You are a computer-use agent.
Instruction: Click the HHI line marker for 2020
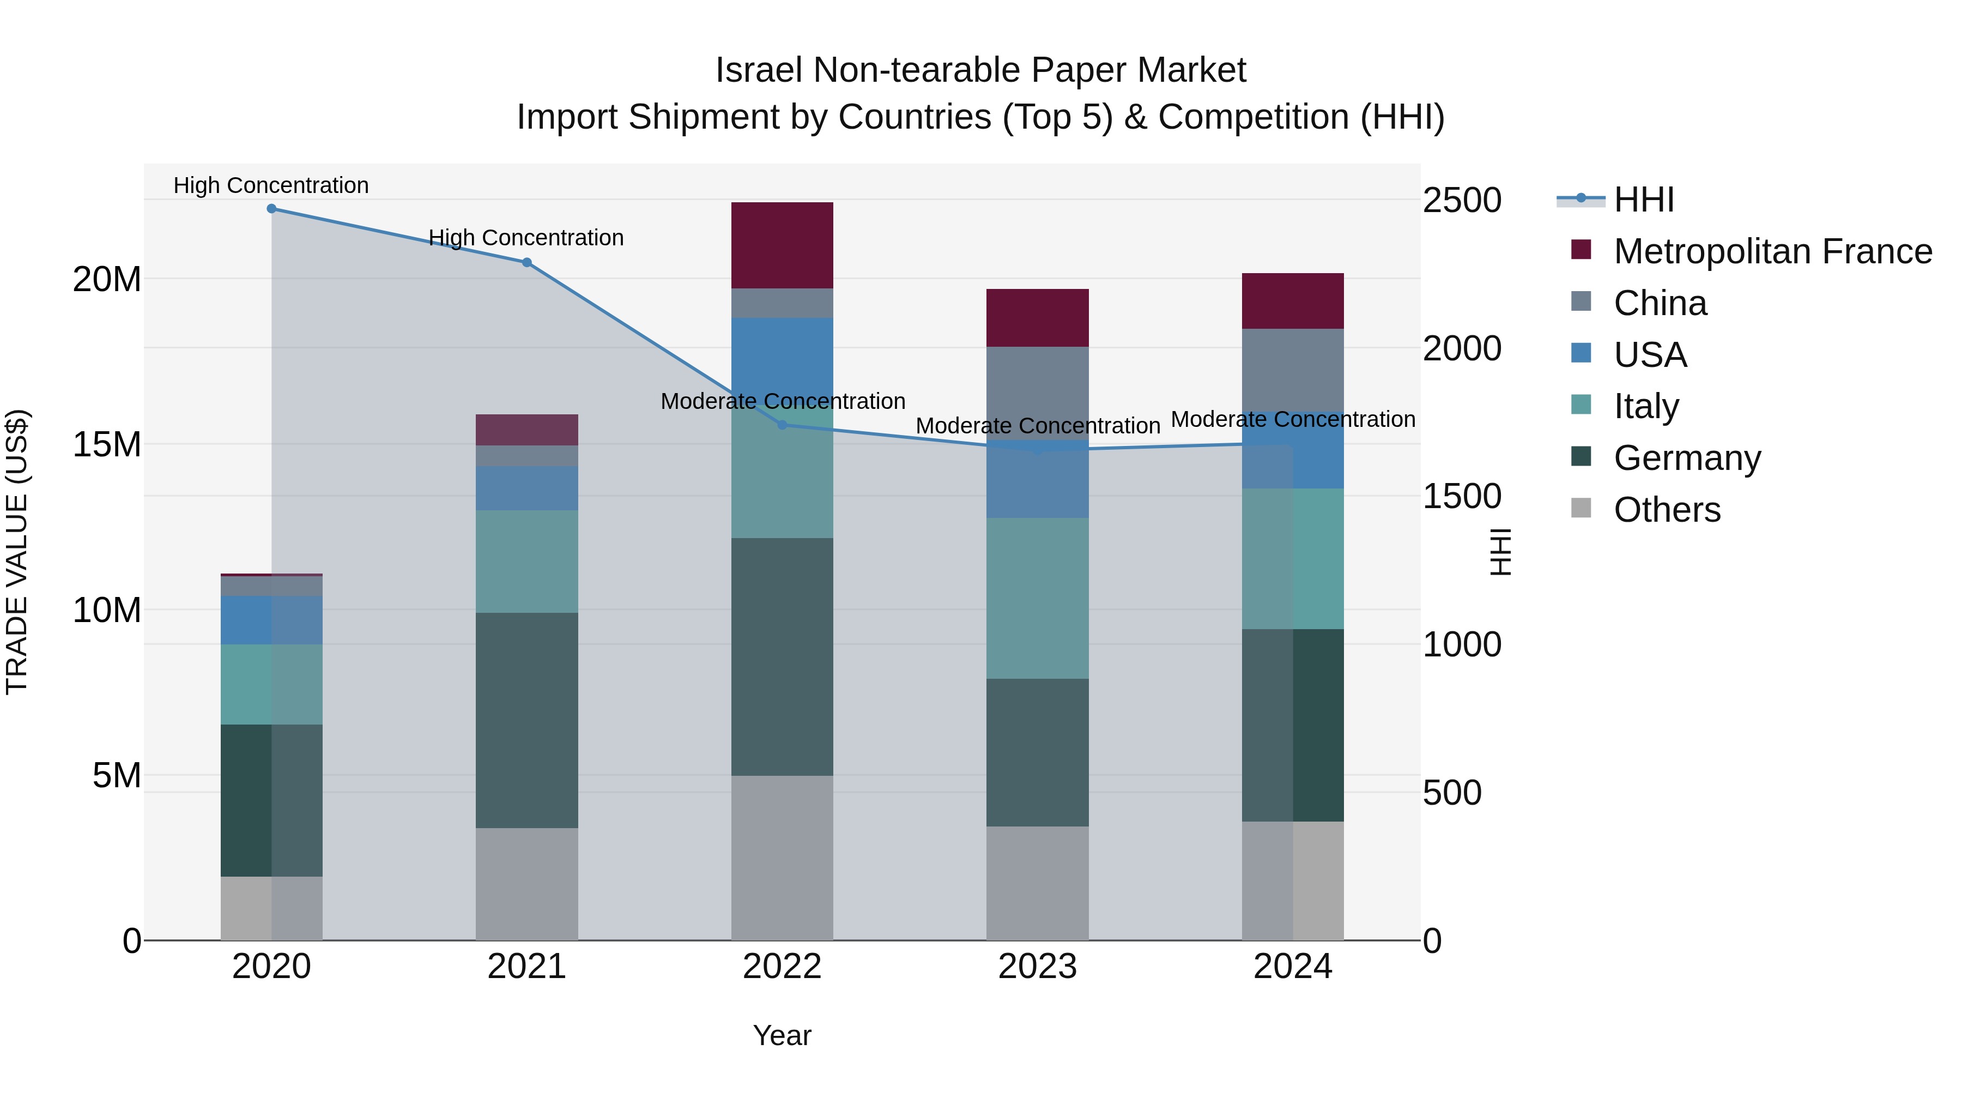(271, 209)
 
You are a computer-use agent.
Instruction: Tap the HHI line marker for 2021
(526, 263)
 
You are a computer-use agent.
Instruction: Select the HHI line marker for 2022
(782, 425)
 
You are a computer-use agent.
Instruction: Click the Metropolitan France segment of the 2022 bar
(782, 245)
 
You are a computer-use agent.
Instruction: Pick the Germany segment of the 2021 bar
(526, 720)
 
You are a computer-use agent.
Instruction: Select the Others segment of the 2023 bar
(1037, 883)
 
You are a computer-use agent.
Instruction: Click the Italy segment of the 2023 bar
(1037, 598)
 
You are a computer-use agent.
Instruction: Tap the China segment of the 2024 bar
(1293, 370)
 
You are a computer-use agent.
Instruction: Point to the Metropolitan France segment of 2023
(1037, 318)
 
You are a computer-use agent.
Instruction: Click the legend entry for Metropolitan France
(1772, 251)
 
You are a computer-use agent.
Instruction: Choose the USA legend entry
(1650, 355)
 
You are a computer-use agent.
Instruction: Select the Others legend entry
(1667, 510)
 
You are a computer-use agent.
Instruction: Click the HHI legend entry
(1644, 200)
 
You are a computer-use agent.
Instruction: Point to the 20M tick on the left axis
(107, 280)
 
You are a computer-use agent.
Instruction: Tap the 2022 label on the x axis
(782, 967)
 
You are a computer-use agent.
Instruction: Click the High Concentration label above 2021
(526, 238)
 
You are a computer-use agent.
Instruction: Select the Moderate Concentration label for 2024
(1293, 419)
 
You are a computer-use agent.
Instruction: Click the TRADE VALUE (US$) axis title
(17, 552)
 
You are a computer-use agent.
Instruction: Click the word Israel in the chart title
(758, 70)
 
